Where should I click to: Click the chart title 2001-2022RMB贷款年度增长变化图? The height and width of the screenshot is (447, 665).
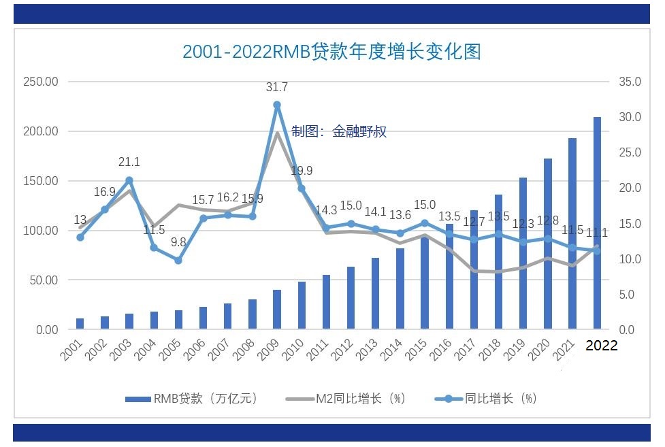point(331,52)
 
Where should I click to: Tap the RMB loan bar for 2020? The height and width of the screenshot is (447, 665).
point(548,244)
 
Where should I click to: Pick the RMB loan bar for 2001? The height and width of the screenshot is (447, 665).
point(80,324)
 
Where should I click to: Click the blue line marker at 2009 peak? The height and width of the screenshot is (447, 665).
point(277,105)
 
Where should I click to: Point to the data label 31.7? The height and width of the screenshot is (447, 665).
point(277,87)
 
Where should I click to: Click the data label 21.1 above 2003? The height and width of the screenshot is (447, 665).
point(129,162)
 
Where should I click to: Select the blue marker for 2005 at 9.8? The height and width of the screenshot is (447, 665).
point(178,260)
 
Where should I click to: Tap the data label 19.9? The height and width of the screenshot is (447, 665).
point(302,171)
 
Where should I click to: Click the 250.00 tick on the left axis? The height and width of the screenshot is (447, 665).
point(41,82)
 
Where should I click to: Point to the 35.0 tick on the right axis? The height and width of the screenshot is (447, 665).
point(630,82)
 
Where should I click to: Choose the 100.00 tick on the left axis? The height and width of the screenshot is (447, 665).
point(41,231)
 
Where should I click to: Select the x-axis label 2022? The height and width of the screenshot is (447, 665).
point(601,346)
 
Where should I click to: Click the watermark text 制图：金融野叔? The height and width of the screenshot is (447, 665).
point(339,131)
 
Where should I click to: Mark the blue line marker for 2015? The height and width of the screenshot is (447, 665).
point(425,222)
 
